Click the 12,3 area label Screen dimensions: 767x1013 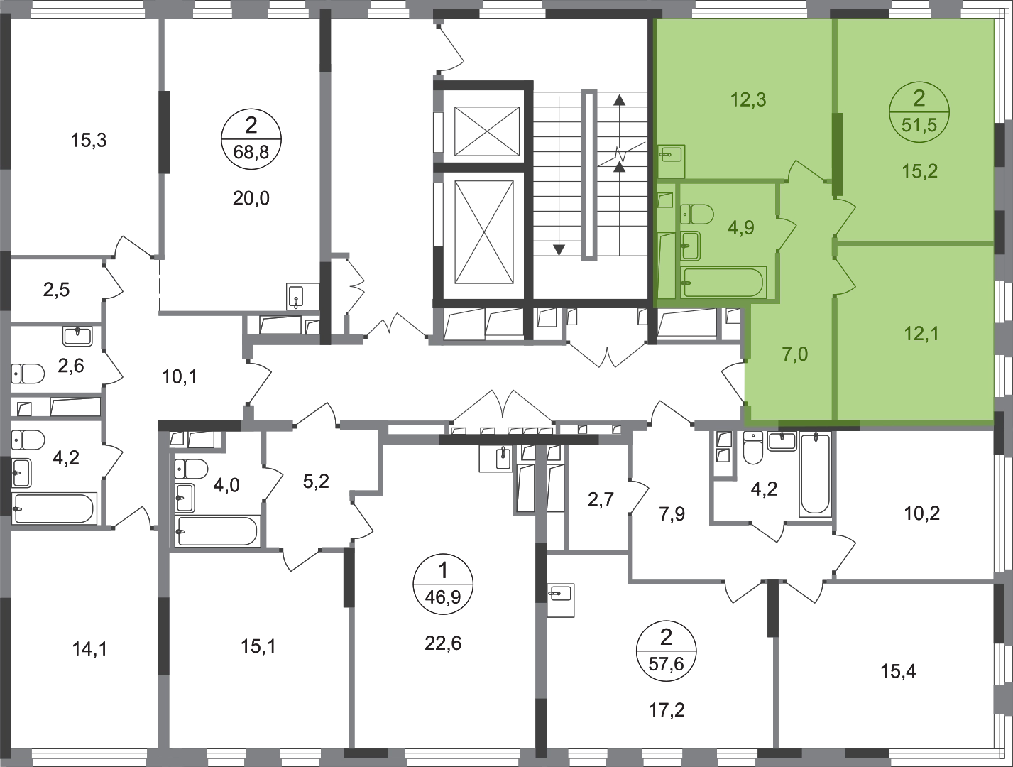point(748,100)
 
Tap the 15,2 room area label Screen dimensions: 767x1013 point(920,171)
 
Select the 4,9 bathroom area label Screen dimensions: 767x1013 point(740,228)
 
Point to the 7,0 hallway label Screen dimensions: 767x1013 point(794,353)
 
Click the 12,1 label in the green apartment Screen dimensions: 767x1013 point(921,333)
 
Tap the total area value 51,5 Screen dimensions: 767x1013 point(919,126)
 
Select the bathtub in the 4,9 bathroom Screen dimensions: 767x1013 point(722,283)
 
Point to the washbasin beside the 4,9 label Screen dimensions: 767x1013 point(690,245)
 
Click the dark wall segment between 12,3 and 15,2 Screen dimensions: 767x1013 point(837,154)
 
